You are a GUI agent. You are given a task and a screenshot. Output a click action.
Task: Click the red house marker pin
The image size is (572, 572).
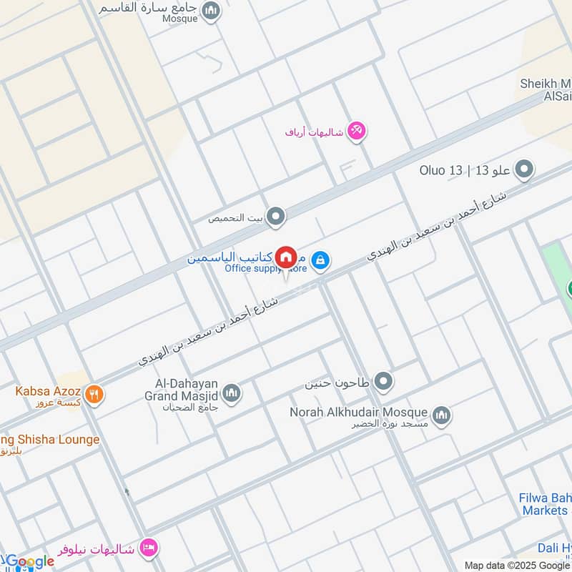coord(286,256)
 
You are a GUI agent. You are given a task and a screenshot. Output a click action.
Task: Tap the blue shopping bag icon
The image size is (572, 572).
coord(321,258)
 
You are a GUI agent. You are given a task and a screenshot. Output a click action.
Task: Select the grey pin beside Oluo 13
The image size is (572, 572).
coord(525,170)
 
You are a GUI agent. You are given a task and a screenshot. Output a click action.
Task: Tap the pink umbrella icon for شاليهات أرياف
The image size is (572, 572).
coord(357,131)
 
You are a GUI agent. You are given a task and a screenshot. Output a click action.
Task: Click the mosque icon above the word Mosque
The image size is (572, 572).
coord(210,11)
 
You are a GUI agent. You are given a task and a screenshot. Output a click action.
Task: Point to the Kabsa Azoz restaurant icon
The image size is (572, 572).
coord(94,393)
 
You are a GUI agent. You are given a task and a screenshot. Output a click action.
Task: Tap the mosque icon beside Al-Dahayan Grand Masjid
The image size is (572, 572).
coord(231,393)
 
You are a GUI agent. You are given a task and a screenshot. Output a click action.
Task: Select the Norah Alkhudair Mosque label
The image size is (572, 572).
coord(358,413)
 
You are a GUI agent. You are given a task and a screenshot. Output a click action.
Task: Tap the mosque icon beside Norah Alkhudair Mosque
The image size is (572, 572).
coord(441,415)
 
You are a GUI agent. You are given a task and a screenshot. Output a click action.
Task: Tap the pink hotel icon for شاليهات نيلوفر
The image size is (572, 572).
coord(149,548)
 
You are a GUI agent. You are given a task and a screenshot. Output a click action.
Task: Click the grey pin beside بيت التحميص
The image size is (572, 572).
coord(276,217)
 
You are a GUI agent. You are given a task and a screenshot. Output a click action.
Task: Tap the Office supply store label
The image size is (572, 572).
coord(265,269)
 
